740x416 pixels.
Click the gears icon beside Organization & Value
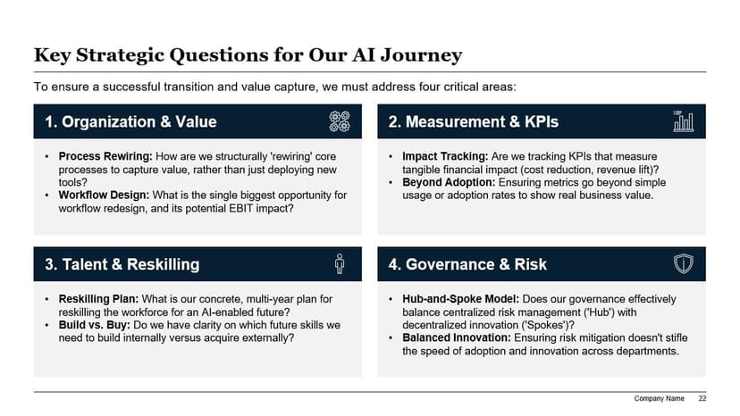[340, 121]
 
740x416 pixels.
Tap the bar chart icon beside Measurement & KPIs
[683, 121]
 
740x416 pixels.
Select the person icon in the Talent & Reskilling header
[340, 263]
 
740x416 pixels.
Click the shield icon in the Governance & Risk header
[683, 263]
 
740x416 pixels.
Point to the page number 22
[702, 398]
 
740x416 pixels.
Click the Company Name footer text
[659, 398]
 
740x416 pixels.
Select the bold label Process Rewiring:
[105, 156]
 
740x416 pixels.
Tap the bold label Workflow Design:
[104, 196]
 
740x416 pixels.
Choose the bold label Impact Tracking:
[445, 156]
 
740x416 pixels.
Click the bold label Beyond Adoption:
[449, 182]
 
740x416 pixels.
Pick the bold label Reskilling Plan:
[98, 299]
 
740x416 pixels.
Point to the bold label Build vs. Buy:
[95, 325]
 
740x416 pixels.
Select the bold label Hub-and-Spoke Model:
[460, 299]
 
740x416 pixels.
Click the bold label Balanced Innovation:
[457, 337]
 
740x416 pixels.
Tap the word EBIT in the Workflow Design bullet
[241, 209]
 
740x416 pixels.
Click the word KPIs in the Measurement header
[542, 121]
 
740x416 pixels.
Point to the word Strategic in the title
[121, 55]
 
